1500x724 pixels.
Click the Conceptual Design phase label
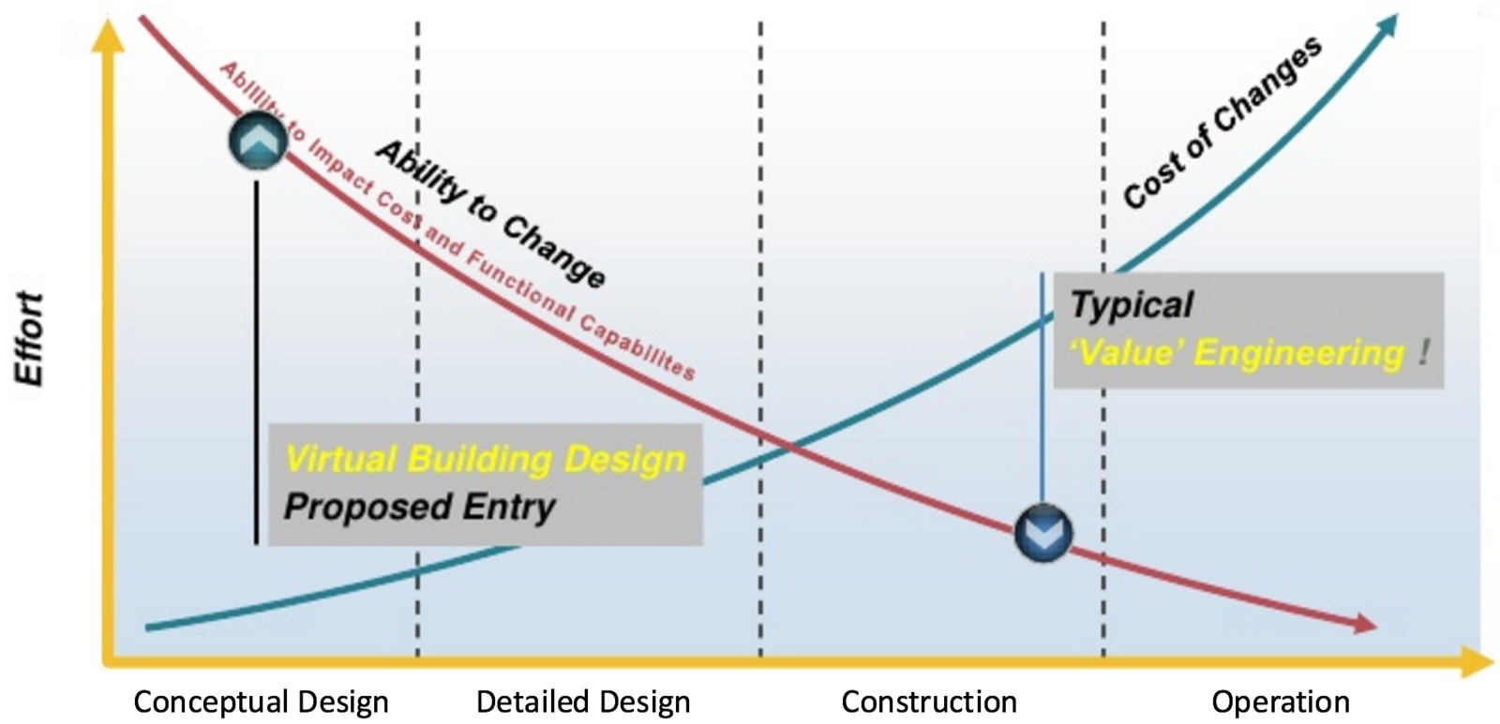pos(261,702)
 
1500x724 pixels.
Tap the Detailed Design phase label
pos(582,702)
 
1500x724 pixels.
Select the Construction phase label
pos(928,702)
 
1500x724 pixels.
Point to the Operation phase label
pos(1280,702)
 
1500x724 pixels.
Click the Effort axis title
pos(30,338)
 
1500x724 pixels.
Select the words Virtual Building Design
pos(485,459)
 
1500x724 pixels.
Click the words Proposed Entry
pos(419,507)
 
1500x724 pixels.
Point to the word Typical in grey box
pos(1131,304)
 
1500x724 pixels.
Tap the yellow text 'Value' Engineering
pos(1237,353)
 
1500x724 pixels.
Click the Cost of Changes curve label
pos(1222,123)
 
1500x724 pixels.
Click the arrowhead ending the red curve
pos(1365,625)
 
